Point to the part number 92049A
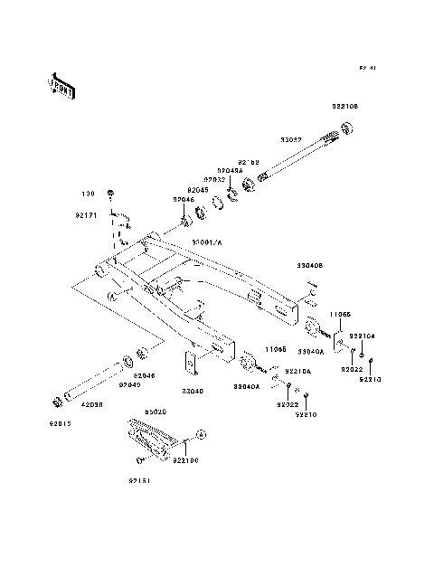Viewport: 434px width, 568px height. [x=229, y=169]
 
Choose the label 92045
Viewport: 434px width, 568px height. [x=198, y=190]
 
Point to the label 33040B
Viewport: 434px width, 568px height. [x=311, y=266]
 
